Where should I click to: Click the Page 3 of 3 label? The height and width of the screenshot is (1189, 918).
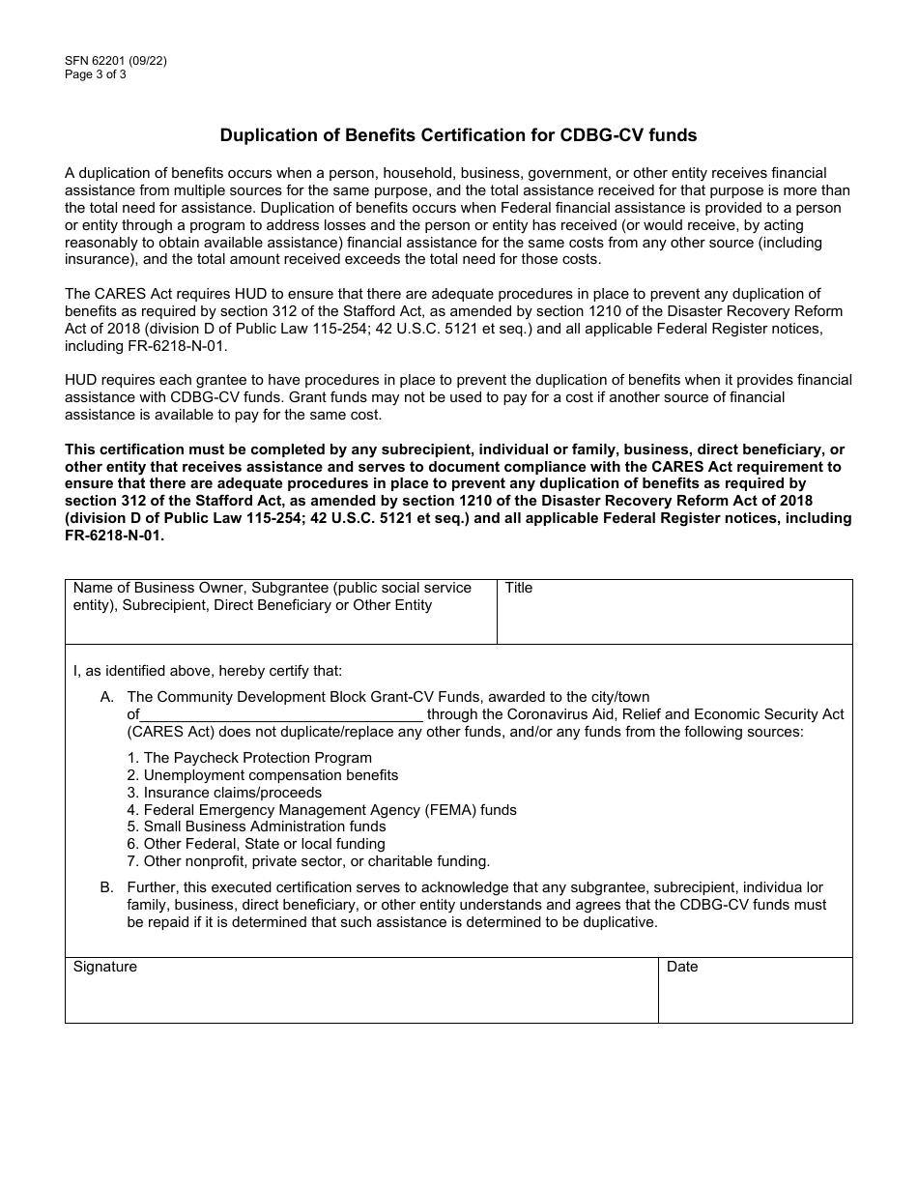click(96, 73)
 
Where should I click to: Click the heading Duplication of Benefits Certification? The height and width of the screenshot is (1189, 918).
click(458, 135)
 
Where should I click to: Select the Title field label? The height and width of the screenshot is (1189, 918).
click(519, 588)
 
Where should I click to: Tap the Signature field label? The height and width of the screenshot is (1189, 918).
click(105, 967)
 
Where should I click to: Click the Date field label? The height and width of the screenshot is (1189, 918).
click(682, 967)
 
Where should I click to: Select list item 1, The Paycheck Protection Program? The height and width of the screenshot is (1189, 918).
click(249, 758)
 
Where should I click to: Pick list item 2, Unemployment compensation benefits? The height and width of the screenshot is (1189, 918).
click(262, 775)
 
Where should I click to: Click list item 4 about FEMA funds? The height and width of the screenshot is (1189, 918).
click(322, 810)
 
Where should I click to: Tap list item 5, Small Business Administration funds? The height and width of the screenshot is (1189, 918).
click(256, 826)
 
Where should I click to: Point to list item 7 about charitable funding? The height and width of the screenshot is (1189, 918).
click(308, 861)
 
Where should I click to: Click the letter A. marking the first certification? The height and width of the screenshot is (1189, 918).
click(107, 697)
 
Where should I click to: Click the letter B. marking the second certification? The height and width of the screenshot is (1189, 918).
click(107, 887)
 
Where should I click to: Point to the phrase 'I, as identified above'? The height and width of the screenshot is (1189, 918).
click(145, 670)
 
